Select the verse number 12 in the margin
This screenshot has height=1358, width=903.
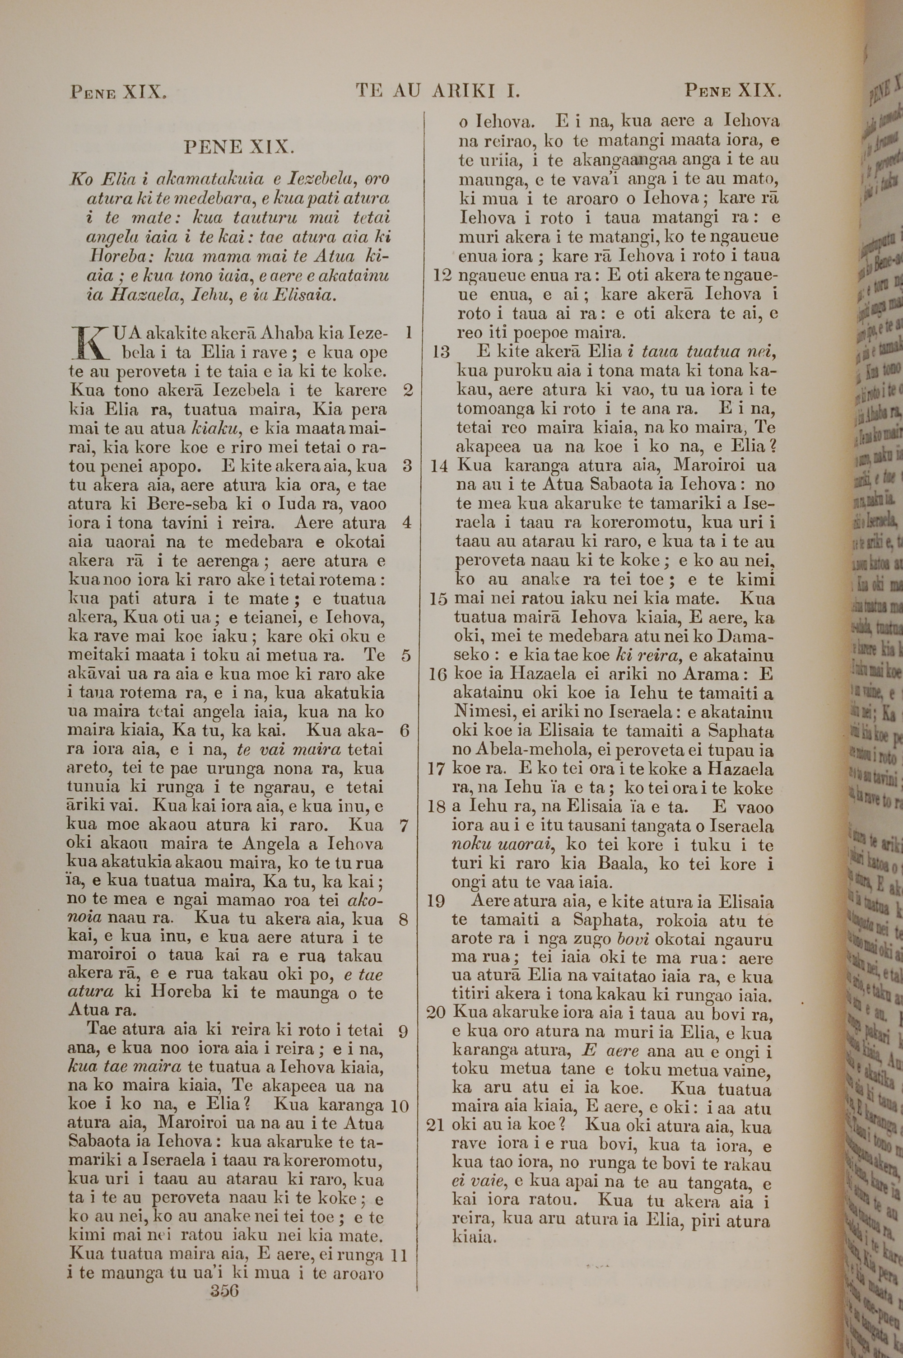point(442,275)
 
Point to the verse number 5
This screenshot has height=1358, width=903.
point(406,656)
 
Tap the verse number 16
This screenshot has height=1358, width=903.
point(437,674)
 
